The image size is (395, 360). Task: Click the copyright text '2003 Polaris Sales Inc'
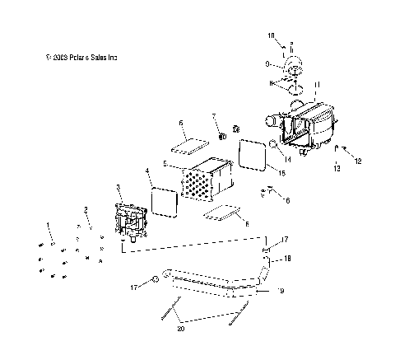pos(83,58)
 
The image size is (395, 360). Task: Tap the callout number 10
pos(271,37)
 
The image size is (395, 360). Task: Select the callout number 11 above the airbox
pos(318,85)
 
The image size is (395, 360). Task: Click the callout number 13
pos(337,168)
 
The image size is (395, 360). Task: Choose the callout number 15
pos(281,174)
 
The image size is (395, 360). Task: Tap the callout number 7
pos(214,116)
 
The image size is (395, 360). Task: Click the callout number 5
pos(165,165)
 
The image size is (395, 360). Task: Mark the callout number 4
pos(147,172)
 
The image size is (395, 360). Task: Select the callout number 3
pos(118,188)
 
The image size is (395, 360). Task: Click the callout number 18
pos(287,259)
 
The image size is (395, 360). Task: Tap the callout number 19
pos(281,291)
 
